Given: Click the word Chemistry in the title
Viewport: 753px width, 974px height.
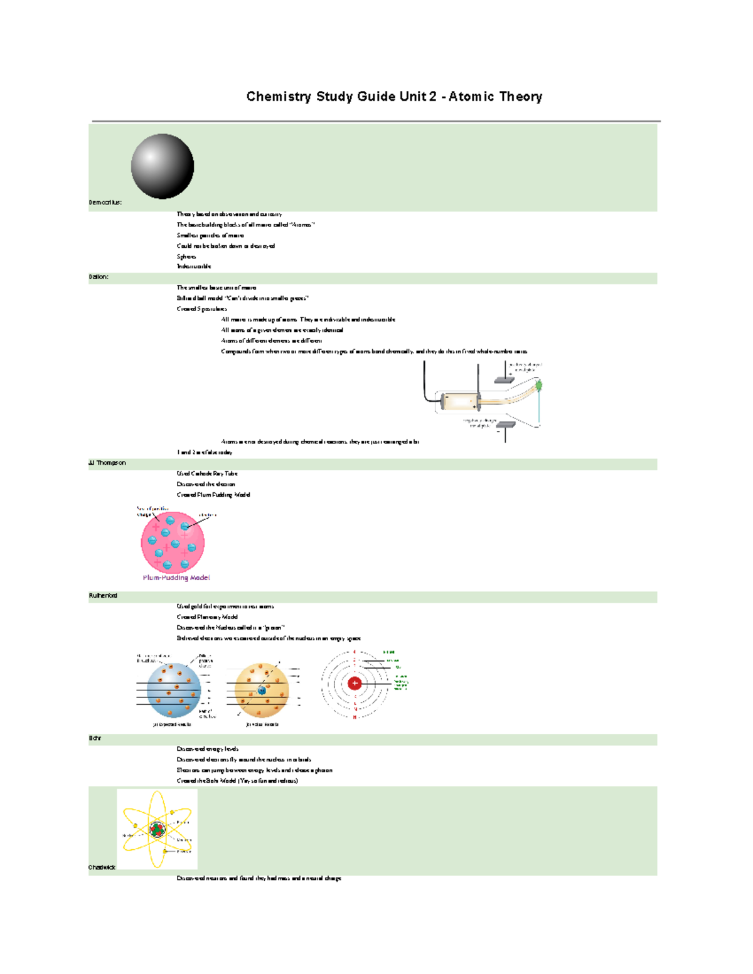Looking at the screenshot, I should click(x=279, y=97).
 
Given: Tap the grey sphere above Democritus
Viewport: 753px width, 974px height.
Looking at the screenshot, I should click(x=162, y=166).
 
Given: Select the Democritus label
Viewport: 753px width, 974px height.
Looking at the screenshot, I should click(x=105, y=203).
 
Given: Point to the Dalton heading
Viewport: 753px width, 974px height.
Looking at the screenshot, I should click(x=99, y=277).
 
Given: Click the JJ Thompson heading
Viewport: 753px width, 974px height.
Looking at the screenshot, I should click(x=107, y=463).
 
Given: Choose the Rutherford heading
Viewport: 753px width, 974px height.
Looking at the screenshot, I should click(x=103, y=596).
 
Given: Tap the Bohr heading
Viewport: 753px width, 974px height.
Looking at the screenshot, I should click(x=95, y=738).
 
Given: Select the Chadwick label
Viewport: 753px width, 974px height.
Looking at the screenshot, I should click(x=102, y=867).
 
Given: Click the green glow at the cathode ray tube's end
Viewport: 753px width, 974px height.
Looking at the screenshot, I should click(x=538, y=385).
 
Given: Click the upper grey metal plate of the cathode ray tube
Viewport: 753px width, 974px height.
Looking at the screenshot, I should click(x=504, y=380).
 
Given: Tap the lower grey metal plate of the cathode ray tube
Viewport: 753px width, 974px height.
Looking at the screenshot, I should click(x=506, y=425).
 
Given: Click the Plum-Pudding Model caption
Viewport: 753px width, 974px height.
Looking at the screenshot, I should click(x=176, y=578).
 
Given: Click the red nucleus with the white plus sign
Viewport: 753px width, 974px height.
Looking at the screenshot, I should click(x=355, y=683).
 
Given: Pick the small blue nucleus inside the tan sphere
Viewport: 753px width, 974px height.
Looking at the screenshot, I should click(x=262, y=691).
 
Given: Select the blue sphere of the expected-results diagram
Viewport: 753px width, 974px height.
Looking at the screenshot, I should click(x=173, y=690).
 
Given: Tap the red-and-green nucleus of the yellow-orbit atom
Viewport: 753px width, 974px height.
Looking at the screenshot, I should click(x=157, y=830).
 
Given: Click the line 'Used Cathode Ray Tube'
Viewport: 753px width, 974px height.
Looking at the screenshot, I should click(x=207, y=474).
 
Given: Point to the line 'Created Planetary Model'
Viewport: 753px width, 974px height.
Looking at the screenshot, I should click(x=207, y=617).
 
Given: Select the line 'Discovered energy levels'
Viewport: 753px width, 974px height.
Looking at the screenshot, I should click(x=208, y=749).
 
